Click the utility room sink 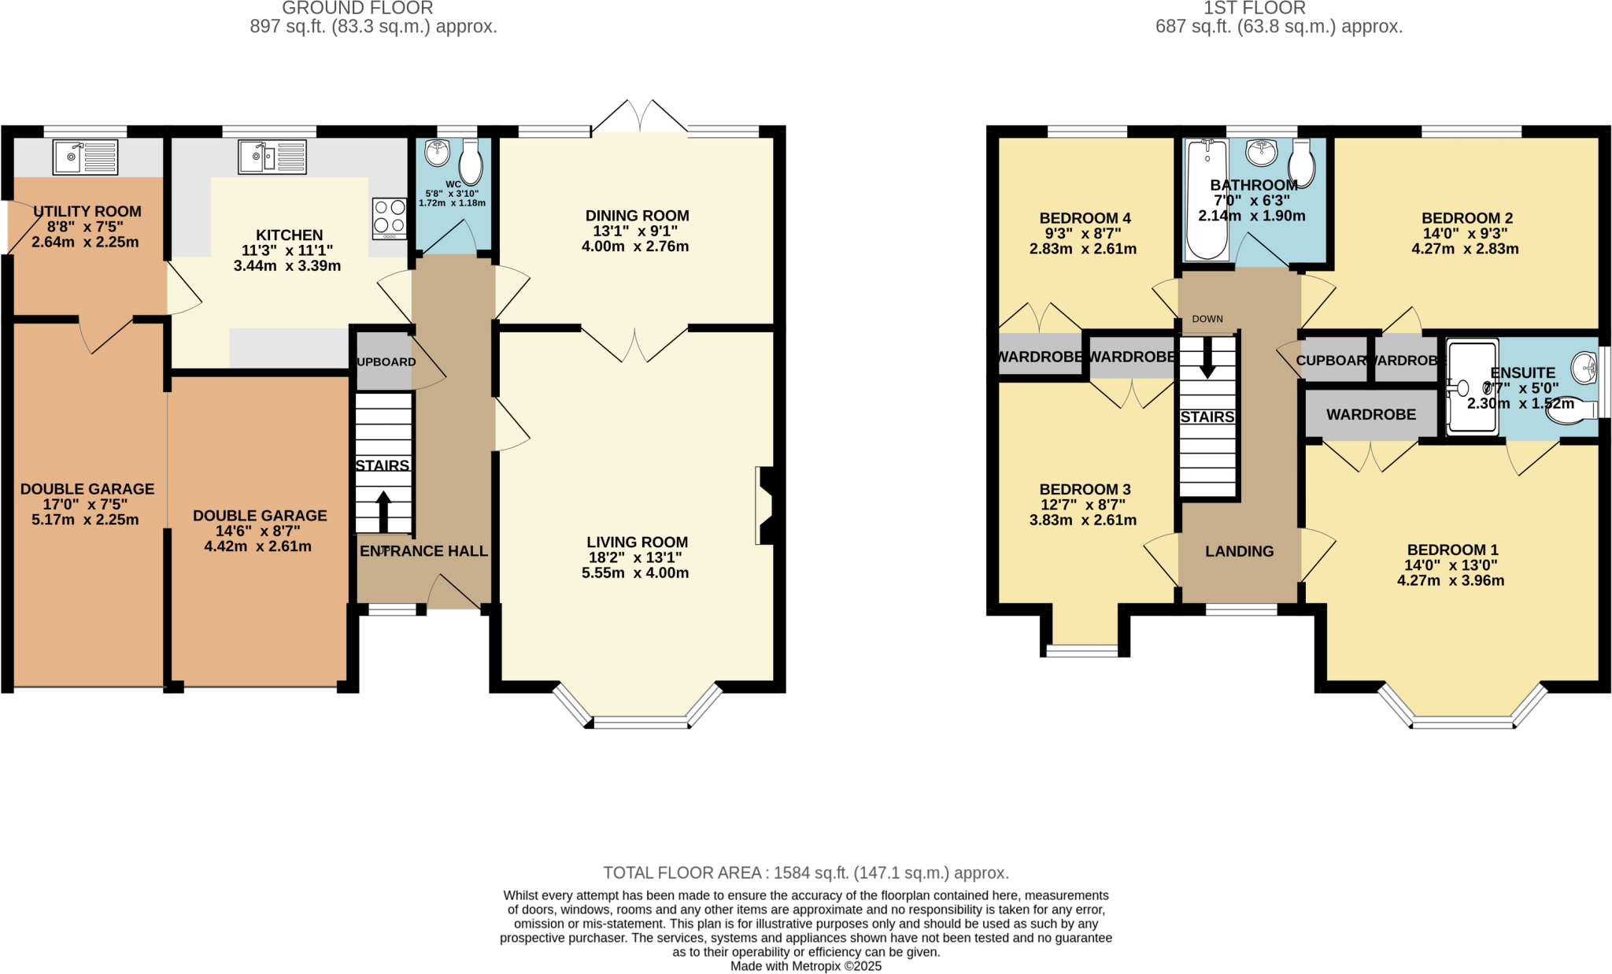(85, 157)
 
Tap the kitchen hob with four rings (390, 218)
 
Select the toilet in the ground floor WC (471, 162)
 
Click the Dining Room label (637, 216)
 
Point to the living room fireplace (765, 506)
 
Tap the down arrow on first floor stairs (1207, 359)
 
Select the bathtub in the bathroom (1207, 199)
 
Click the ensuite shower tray (1472, 386)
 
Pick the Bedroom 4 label (1085, 218)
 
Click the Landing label (1239, 551)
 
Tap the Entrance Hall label (423, 551)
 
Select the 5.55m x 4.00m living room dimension (635, 572)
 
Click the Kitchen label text (289, 235)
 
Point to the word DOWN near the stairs (1207, 319)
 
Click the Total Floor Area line (805, 872)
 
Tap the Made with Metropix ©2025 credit (805, 966)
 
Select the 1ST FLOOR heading (1254, 9)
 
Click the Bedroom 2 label (1466, 218)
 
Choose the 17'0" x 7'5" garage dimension (85, 504)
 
